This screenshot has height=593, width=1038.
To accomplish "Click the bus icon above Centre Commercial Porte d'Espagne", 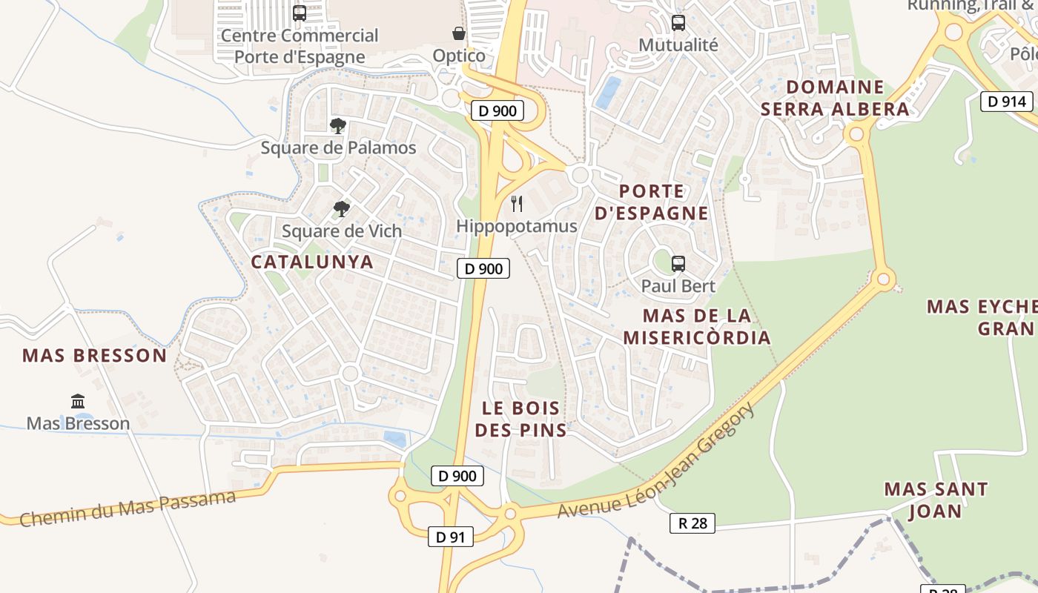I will coord(300,13).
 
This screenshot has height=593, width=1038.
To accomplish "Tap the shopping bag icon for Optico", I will coord(459,33).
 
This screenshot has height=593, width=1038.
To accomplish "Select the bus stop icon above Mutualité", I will coord(678,22).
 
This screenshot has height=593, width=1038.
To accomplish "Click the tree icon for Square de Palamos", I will coord(338,126).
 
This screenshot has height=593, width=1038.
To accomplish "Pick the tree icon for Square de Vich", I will coord(341,209).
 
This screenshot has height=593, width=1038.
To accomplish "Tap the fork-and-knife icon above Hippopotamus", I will coord(518,203).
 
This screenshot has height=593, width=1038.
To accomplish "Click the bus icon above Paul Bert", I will coord(678,263).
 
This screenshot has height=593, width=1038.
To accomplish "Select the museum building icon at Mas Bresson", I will coord(78,401).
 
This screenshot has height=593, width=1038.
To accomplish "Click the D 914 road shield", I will coord(1007,102).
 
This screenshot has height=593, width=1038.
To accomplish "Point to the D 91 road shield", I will coord(450,537).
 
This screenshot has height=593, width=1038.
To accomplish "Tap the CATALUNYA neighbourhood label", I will coord(312,262).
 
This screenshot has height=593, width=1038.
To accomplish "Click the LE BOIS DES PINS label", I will coord(520,419).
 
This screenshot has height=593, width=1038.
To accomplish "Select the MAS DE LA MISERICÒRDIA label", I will coord(697,327).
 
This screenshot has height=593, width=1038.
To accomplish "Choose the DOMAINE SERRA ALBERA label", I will coord(835,98).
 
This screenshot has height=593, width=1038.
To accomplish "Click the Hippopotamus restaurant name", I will coord(517,226).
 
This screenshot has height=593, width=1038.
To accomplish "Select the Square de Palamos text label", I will coord(338,148).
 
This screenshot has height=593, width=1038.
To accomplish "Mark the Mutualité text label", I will coord(678,44).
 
